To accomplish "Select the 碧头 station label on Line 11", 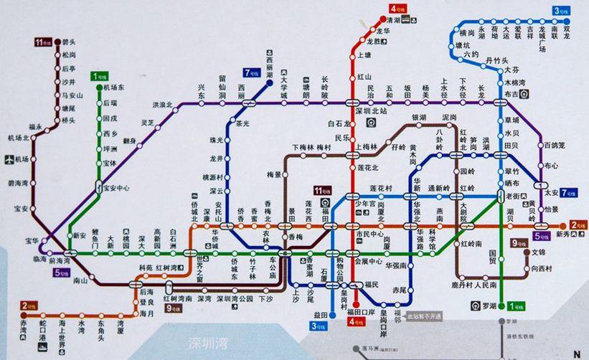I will coord(70,42).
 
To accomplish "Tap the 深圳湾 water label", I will coord(204,341).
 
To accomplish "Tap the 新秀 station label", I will coord(565,234).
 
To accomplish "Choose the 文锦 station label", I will coord(538,252).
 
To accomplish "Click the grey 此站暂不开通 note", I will coord(425,316).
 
